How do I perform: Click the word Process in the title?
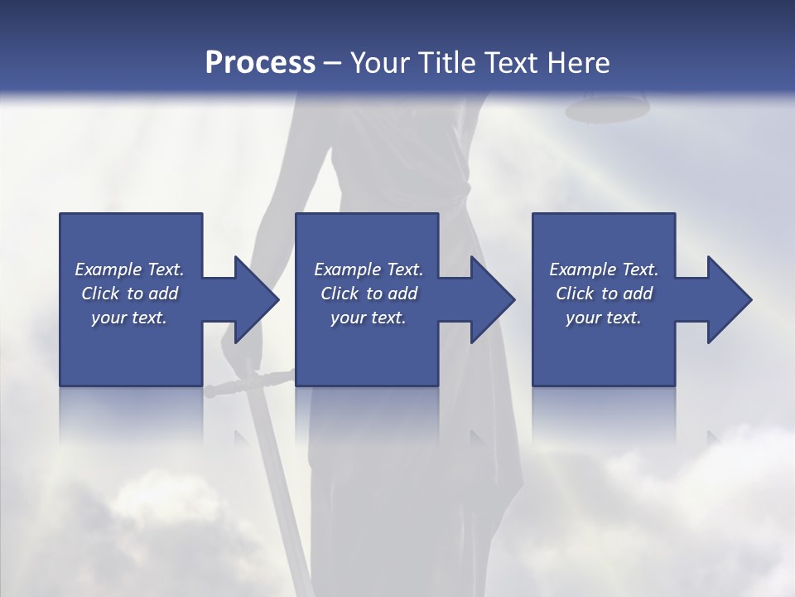tap(260, 63)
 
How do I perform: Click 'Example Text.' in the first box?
tap(129, 269)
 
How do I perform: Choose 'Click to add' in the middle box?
tap(369, 294)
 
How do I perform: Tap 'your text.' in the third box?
tap(604, 318)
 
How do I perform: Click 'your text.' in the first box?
tap(129, 318)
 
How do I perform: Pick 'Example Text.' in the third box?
tap(604, 269)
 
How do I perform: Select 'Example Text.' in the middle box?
tap(369, 269)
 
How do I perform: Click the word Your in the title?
tap(381, 63)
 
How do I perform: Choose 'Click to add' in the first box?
tap(129, 294)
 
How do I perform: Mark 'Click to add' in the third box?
tap(604, 294)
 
